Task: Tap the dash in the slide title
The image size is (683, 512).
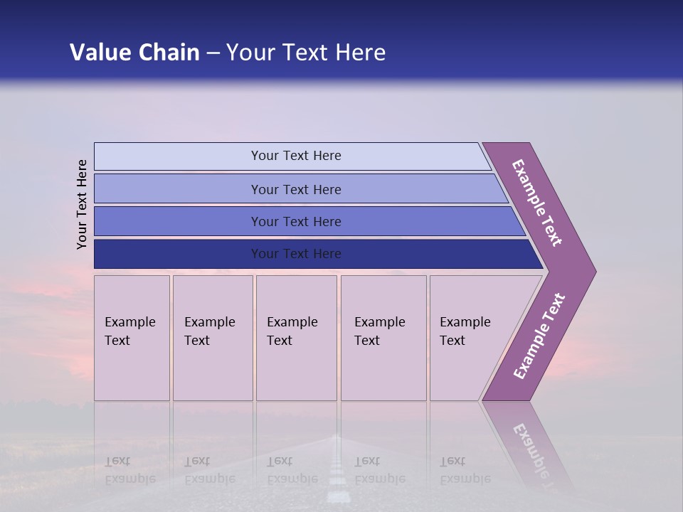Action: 213,53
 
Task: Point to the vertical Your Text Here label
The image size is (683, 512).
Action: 82,204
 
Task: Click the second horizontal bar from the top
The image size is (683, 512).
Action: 296,189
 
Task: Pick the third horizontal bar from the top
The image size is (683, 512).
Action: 296,222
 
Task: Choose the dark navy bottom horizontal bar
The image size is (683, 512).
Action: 296,254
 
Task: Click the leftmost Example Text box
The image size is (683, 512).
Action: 132,338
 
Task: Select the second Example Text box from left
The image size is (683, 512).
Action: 213,338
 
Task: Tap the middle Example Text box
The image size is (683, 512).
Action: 296,338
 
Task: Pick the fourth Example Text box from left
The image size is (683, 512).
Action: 383,338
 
